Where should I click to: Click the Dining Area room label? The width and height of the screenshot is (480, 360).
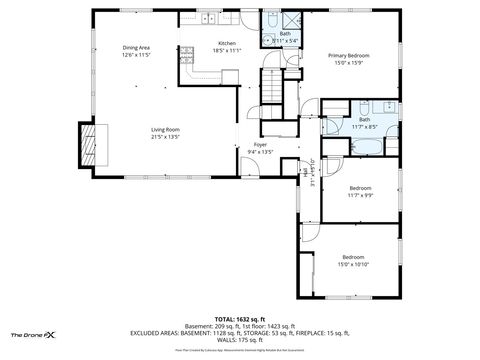[136, 48]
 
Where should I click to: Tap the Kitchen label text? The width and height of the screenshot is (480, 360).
[227, 44]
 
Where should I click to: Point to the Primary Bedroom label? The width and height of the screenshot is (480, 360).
[351, 56]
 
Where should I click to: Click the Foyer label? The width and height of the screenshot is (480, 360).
[260, 146]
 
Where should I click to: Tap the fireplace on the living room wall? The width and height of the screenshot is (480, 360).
[92, 142]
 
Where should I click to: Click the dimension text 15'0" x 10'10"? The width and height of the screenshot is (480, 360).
[355, 264]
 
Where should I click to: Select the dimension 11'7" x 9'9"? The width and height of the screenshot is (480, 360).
[360, 196]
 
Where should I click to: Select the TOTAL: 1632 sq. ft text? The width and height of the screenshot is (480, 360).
[240, 318]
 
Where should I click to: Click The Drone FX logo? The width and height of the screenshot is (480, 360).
[33, 334]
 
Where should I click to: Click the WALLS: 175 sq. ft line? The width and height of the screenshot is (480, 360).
[240, 339]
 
